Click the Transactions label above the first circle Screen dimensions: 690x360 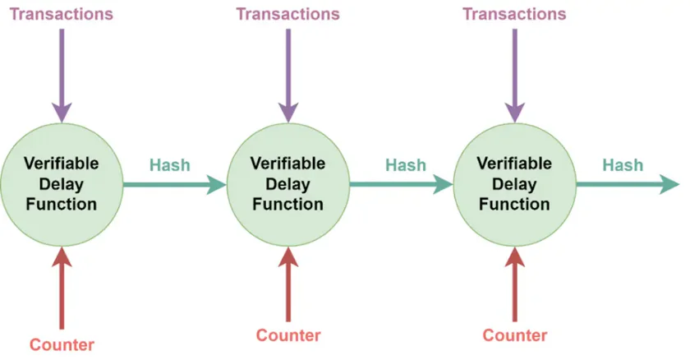point(61,14)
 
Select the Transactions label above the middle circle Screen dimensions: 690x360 point(287,14)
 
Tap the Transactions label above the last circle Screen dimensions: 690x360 point(514,14)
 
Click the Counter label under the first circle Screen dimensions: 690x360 point(62,344)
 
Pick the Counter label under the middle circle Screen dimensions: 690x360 point(288,335)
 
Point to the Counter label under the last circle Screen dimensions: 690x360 point(515,335)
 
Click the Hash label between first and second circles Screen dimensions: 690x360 point(170,165)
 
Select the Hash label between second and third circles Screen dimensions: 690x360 point(406,165)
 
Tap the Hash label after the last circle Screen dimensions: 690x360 point(623,165)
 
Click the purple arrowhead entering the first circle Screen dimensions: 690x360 point(62,113)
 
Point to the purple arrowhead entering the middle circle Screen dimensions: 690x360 point(288,113)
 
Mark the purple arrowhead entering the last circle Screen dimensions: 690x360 point(515,113)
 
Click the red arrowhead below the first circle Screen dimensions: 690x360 point(62,257)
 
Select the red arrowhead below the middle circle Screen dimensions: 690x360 point(288,257)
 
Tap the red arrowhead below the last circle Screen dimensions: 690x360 point(515,257)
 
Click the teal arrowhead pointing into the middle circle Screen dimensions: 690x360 point(217,184)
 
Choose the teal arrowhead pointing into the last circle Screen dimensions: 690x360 point(443,184)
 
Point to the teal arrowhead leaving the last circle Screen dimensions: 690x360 point(669,184)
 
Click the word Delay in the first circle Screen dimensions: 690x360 point(61,184)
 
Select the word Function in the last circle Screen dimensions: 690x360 point(514,204)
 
